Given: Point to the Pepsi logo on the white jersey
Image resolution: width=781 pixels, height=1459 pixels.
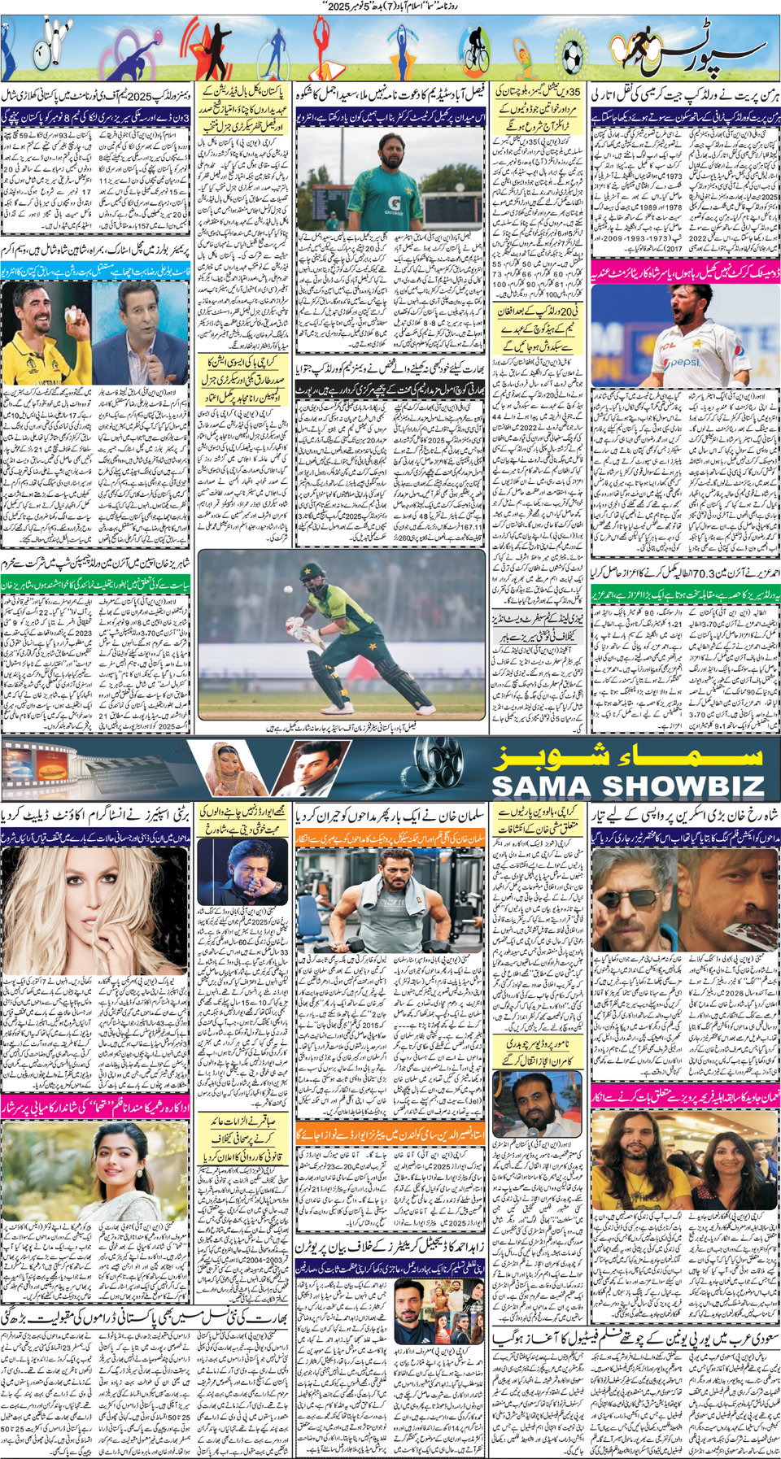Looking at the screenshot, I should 686,361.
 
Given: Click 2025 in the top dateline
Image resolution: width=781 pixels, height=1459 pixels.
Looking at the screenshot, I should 316,6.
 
